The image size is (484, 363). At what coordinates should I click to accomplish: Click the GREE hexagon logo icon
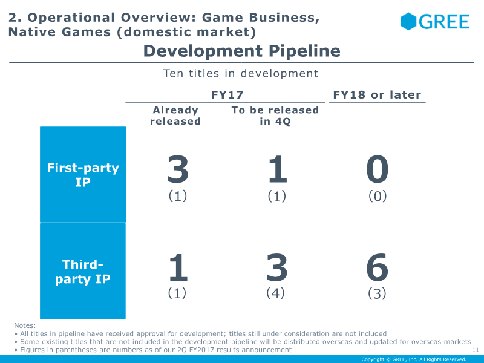point(408,22)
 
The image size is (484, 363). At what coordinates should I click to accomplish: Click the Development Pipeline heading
point(241,51)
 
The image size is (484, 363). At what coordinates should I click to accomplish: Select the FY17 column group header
point(227,94)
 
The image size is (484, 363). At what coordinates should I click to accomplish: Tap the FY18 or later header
point(377,94)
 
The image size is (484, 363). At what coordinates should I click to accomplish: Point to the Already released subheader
point(175,116)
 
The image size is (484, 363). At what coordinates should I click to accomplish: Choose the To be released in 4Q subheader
point(275,116)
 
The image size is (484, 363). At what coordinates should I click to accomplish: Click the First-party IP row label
point(83,175)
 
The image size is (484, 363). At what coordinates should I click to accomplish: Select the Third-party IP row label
point(83,272)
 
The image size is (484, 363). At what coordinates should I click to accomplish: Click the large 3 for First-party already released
point(178,169)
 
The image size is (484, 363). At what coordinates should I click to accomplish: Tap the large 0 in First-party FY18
point(377,169)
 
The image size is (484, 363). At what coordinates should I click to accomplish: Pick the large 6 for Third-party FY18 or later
point(377,267)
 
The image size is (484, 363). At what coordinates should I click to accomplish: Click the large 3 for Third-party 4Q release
point(276,267)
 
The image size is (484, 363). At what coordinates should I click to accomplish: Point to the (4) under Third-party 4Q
point(275,293)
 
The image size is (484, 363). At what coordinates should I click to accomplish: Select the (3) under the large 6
point(377,293)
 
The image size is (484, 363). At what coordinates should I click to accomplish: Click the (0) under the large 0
point(378,196)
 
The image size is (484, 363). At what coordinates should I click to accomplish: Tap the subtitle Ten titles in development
point(240,73)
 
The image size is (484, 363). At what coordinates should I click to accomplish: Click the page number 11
point(476,350)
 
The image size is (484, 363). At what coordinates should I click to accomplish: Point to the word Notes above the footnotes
point(25,325)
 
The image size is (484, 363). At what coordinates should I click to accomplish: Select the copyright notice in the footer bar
point(414,359)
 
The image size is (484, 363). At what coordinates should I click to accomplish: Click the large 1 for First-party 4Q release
point(278,169)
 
